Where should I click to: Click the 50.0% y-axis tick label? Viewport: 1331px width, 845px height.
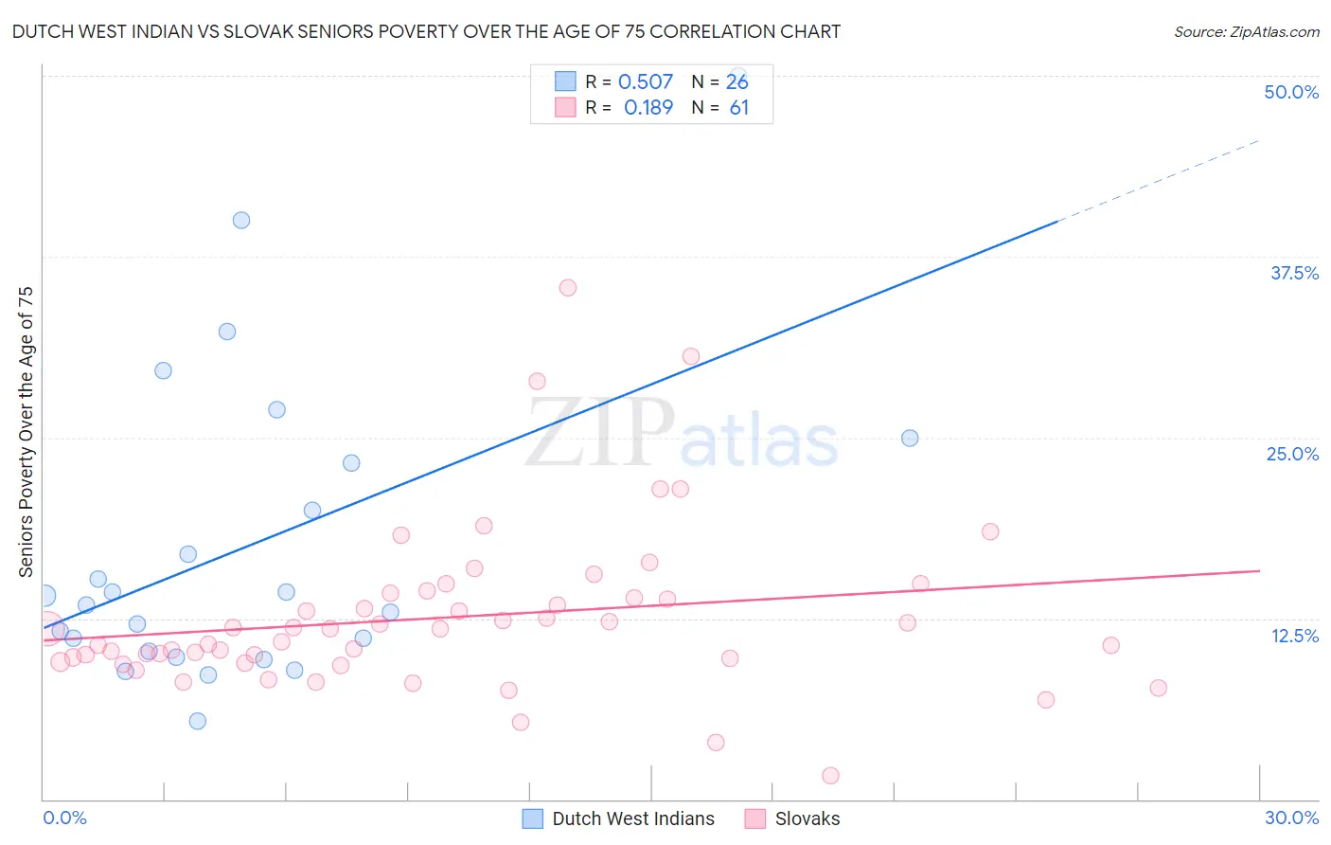(x=1290, y=92)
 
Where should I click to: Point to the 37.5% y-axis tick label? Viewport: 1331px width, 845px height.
(x=1293, y=273)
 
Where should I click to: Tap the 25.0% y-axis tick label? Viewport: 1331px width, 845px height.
(x=1291, y=454)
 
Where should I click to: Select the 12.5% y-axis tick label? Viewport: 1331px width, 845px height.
(x=1293, y=636)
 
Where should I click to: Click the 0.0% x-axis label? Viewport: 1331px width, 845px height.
(x=64, y=818)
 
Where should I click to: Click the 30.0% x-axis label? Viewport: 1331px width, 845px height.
(x=1291, y=818)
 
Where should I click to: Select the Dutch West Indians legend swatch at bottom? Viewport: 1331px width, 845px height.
(x=533, y=818)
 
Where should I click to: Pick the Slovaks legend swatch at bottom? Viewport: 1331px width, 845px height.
(x=754, y=818)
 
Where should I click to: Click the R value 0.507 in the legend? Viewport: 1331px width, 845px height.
(x=645, y=81)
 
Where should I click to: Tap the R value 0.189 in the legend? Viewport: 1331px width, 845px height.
(x=648, y=107)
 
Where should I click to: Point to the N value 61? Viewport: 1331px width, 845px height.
(x=738, y=107)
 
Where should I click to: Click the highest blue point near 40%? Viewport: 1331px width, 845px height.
(x=241, y=220)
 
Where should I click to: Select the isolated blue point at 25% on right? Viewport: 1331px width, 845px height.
(x=910, y=438)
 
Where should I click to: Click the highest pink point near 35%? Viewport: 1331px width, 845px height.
(x=568, y=288)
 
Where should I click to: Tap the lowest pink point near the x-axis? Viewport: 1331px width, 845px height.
(x=831, y=776)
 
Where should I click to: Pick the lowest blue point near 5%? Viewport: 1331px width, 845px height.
(x=198, y=721)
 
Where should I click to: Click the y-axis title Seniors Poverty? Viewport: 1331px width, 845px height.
(x=26, y=431)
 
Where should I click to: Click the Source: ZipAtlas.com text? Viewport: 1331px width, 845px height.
(x=1246, y=32)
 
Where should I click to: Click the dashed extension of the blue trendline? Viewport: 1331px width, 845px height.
(x=1160, y=180)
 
